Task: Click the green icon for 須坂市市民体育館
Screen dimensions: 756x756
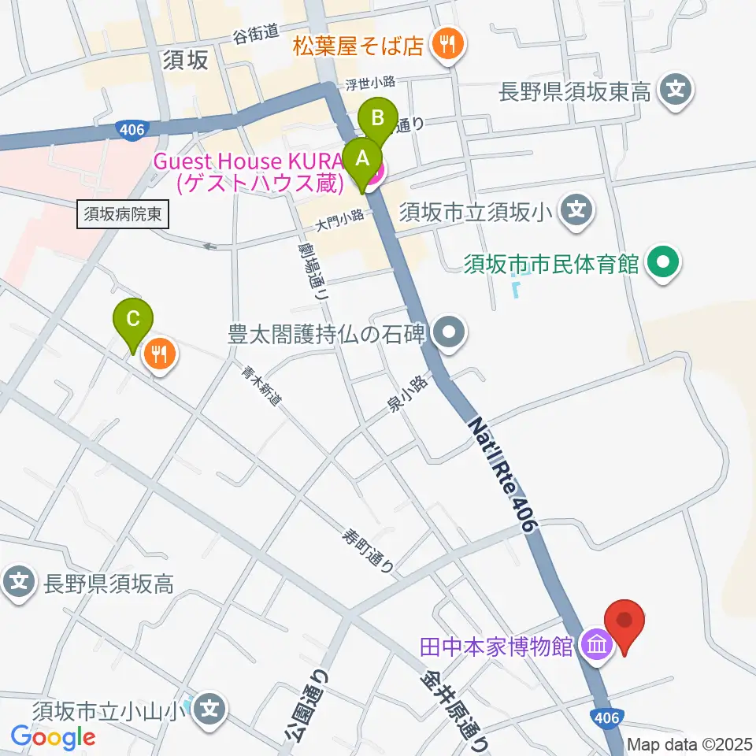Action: click(x=662, y=262)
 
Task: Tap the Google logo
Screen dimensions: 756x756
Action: click(x=53, y=737)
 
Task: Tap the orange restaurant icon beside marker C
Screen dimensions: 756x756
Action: click(x=161, y=354)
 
